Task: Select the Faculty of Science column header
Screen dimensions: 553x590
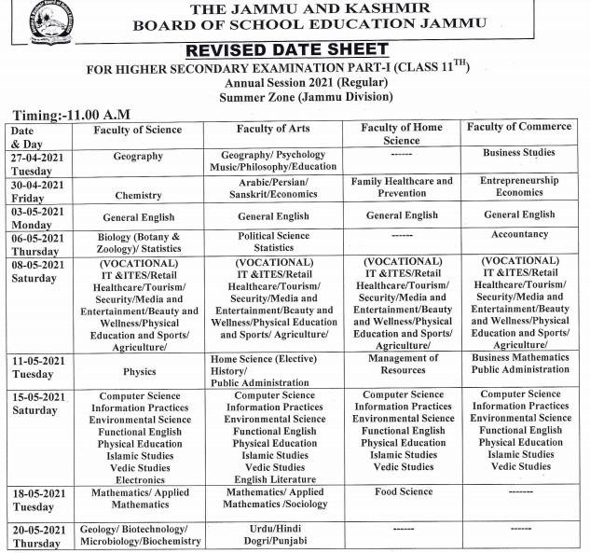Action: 138,130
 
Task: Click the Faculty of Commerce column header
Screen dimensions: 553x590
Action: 520,128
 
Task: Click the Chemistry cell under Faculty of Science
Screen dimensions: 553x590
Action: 138,196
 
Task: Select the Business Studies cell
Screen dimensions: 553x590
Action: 519,152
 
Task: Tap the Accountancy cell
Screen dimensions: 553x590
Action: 519,235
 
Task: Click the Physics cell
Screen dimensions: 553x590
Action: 139,371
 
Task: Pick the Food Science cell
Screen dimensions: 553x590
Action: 404,492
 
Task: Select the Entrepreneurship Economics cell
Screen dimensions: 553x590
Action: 519,187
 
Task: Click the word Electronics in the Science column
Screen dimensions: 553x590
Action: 140,479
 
